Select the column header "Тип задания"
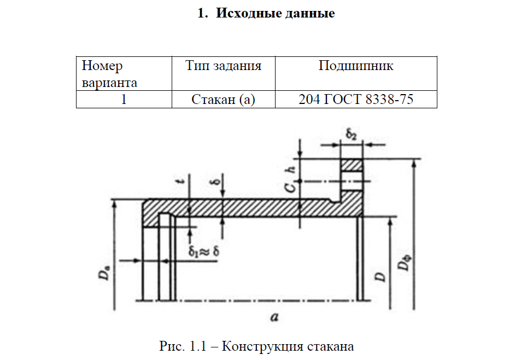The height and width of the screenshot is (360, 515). [x=223, y=66]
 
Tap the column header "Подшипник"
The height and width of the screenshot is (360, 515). [x=356, y=66]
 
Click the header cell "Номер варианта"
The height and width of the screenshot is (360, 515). [x=109, y=74]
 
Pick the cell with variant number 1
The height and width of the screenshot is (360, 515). [x=124, y=100]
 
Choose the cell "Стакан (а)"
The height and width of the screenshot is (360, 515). [x=223, y=100]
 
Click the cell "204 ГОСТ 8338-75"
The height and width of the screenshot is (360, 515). [x=356, y=100]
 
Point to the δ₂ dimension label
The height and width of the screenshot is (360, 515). [x=352, y=134]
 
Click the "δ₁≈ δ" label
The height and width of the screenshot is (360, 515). [x=204, y=252]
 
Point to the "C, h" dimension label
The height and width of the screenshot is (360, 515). [x=293, y=179]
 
